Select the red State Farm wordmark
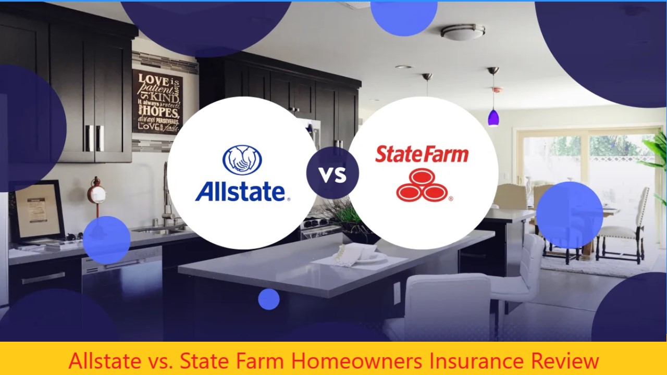point(422,154)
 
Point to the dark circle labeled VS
point(332,173)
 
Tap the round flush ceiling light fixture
point(463,32)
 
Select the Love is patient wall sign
point(157,102)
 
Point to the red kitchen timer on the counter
point(96,194)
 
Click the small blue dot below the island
point(269,299)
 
